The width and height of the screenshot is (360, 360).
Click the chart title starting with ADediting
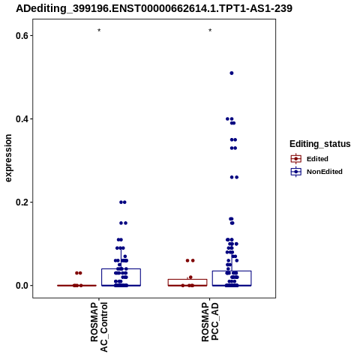(x=154, y=9)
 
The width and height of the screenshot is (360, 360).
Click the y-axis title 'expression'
(x=8, y=158)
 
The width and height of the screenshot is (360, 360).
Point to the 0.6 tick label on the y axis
(x=21, y=36)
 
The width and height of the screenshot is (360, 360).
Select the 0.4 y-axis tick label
(x=21, y=119)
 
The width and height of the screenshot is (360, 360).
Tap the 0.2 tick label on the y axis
(x=21, y=202)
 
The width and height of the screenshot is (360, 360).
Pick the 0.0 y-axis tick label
(x=21, y=286)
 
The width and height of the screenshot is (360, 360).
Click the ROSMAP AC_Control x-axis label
(x=99, y=327)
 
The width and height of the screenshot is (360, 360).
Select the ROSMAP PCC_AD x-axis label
(x=210, y=322)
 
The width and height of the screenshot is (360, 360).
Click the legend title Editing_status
(x=320, y=144)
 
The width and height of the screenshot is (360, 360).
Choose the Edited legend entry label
(x=317, y=159)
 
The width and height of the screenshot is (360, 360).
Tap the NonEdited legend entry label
(x=325, y=172)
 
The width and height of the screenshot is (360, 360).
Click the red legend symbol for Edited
(x=296, y=159)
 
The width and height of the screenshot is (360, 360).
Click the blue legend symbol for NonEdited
(x=296, y=172)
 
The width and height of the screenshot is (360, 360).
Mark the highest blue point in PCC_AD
(x=232, y=73)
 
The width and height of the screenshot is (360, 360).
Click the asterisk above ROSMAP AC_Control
(x=99, y=31)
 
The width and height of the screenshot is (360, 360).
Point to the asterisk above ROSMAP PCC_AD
(x=210, y=31)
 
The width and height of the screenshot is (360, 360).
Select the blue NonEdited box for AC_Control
(x=121, y=269)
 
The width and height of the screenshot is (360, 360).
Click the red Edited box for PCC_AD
(x=187, y=280)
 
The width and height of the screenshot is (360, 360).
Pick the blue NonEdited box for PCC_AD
(x=232, y=271)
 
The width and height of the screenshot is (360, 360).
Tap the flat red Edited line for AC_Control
(x=76, y=286)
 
